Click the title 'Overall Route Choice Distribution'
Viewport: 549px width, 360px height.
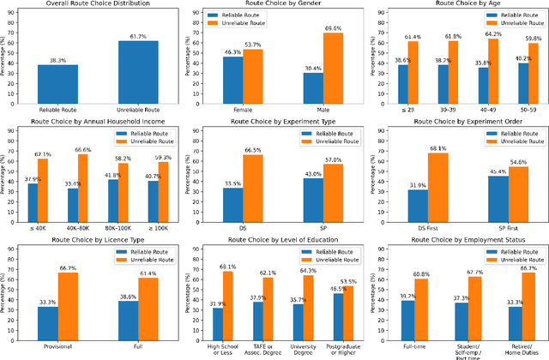pyautogui.click(x=93, y=5)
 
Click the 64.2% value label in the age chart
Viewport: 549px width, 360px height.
pyautogui.click(x=493, y=33)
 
